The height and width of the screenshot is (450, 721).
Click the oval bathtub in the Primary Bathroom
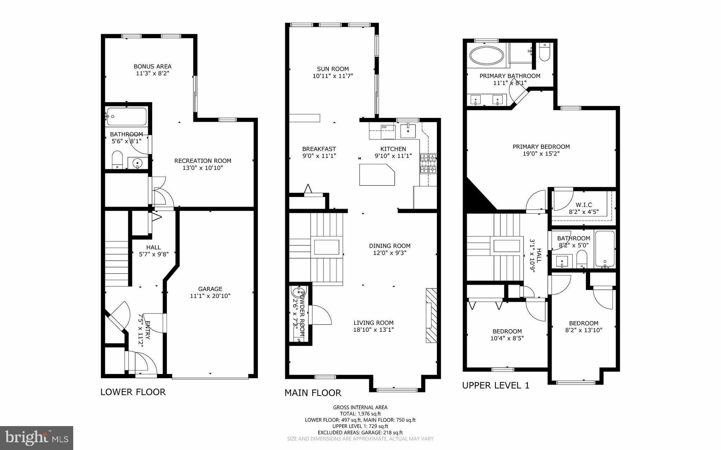pos(487,56)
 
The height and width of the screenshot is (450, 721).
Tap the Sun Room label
pos(333,69)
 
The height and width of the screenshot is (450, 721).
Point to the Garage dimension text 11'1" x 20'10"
pos(210,296)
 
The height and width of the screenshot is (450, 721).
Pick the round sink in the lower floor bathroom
pos(137,163)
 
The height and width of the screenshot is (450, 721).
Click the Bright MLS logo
pos(37,438)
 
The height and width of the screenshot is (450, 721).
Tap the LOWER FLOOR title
pos(133,392)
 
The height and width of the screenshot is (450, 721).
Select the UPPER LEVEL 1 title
pos(496,385)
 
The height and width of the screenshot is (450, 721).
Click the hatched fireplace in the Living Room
pos(431,315)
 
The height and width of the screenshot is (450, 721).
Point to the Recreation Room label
pos(203,161)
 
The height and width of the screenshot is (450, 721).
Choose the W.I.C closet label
pos(584,205)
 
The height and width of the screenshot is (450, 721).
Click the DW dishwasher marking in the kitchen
pos(384,127)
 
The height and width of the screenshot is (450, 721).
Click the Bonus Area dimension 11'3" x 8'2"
pos(152,73)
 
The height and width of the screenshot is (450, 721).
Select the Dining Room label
pos(390,246)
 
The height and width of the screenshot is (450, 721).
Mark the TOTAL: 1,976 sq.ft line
pos(360,414)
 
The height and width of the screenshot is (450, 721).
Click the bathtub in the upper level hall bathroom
pos(605,249)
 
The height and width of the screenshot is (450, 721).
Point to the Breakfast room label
pos(319,149)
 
